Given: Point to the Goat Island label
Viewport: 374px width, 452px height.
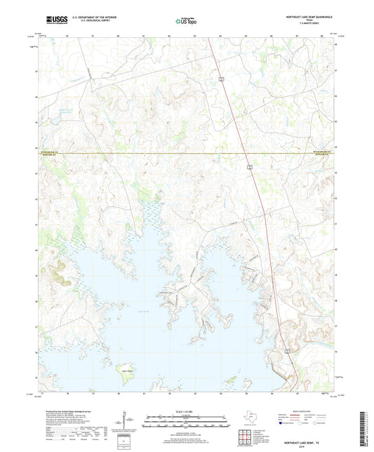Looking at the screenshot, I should click(x=127, y=362).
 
